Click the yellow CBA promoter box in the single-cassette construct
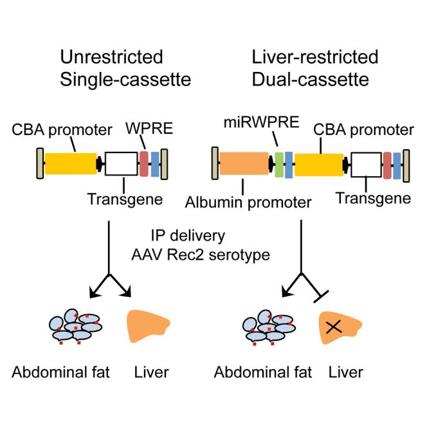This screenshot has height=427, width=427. pyautogui.click(x=69, y=164)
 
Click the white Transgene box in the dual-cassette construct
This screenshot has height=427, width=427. pyautogui.click(x=364, y=165)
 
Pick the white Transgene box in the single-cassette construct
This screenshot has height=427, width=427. pyautogui.click(x=121, y=164)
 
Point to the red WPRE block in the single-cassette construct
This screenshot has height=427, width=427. pyautogui.click(x=144, y=164)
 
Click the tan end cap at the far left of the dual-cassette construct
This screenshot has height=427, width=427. pyautogui.click(x=214, y=165)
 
